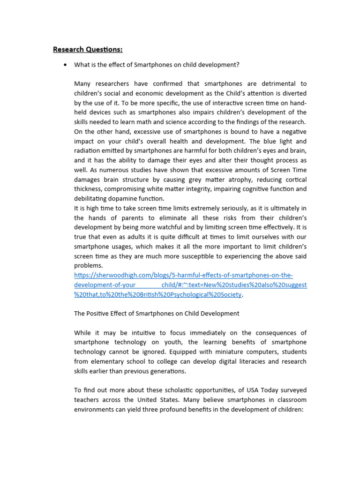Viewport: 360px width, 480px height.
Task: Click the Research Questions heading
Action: pyautogui.click(x=88, y=49)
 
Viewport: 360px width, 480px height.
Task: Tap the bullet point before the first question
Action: pyautogui.click(x=65, y=65)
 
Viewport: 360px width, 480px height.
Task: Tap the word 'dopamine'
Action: pyautogui.click(x=123, y=199)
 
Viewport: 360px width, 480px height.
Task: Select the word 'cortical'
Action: pyautogui.click(x=293, y=180)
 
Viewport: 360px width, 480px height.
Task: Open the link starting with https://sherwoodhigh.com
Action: pyautogui.click(x=183, y=275)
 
